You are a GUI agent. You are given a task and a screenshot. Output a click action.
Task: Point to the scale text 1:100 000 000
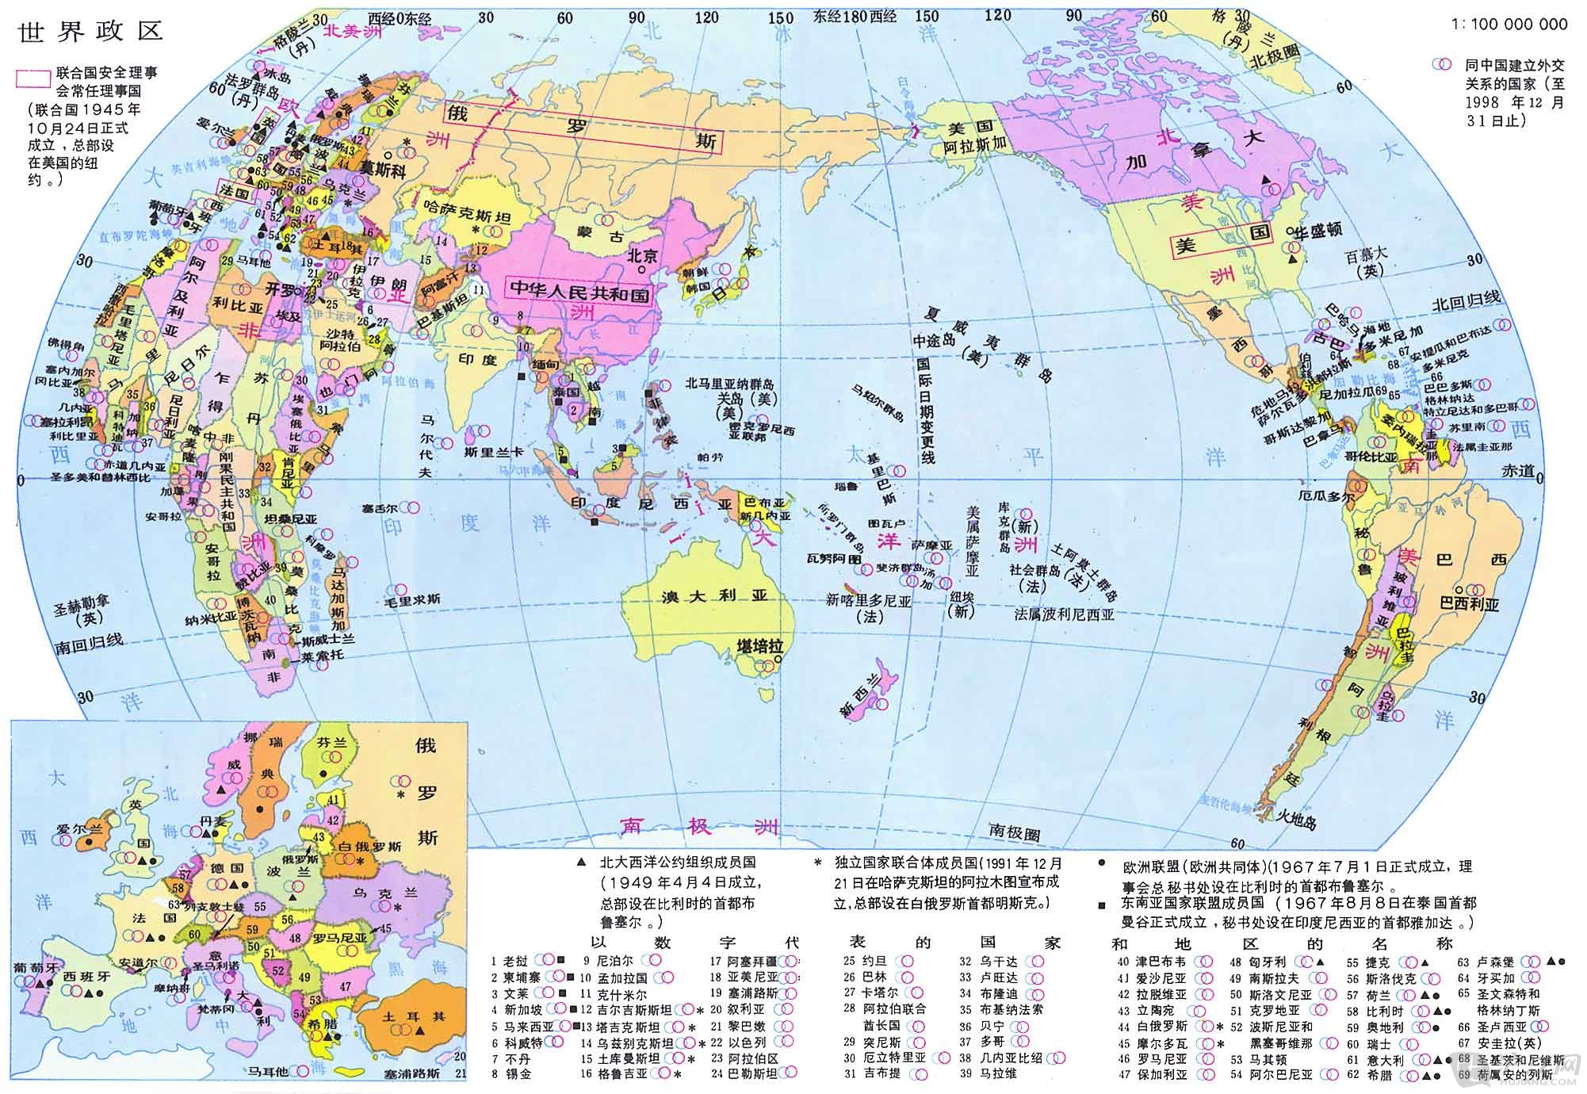coord(1509,25)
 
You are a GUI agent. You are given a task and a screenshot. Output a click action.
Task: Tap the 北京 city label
coord(642,256)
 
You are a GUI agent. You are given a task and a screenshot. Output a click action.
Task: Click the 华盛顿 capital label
coord(1319,231)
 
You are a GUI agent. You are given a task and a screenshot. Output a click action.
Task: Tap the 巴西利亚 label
coord(1469,604)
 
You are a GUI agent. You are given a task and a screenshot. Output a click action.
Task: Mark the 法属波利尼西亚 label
coord(1065,614)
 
